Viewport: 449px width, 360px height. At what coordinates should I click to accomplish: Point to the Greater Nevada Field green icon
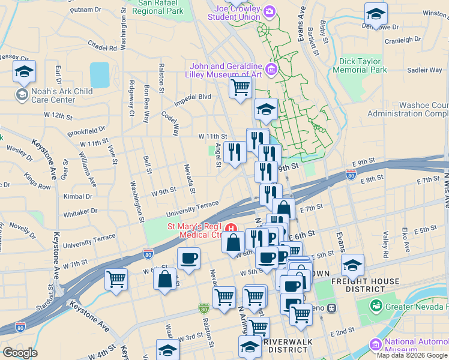tap(377, 305)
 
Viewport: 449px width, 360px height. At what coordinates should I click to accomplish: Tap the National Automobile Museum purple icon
tap(376, 344)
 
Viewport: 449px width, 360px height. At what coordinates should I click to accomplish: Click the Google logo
tap(20, 353)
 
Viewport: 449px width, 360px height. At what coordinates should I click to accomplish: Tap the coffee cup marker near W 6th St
tap(188, 259)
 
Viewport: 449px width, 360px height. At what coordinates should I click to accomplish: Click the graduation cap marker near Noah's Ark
tap(24, 71)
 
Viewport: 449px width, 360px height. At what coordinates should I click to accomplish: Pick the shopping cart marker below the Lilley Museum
tap(241, 88)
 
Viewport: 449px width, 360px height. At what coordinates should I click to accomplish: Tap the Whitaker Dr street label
tap(80, 211)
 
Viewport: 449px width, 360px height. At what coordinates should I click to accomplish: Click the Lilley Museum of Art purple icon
tap(272, 71)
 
